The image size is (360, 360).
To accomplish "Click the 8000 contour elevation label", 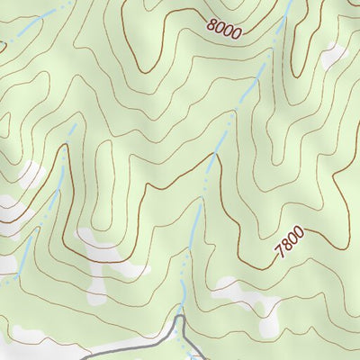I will pos(223,29).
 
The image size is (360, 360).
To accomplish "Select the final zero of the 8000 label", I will pos(237,33).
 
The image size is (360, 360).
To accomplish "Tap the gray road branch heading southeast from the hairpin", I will pos(193,346).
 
